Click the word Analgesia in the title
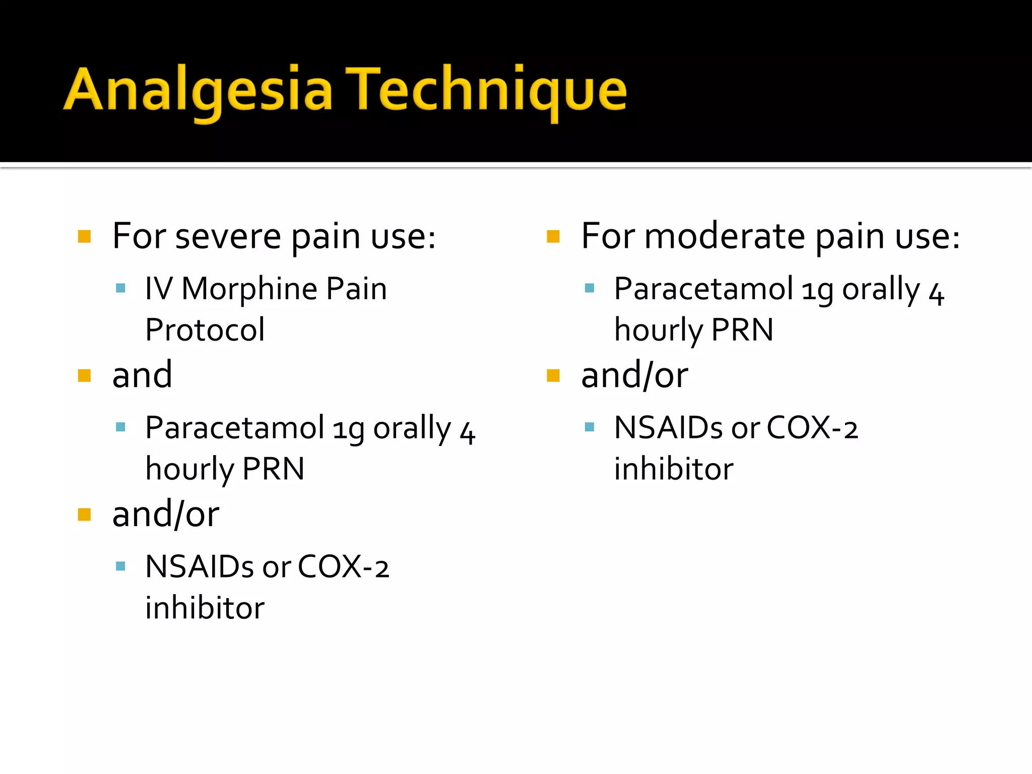(198, 90)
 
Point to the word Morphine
(249, 289)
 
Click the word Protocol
(205, 330)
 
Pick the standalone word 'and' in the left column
(142, 375)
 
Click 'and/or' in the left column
(166, 514)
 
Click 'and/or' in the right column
(634, 375)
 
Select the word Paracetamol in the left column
(234, 428)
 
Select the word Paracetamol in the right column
(703, 289)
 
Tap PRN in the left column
(273, 469)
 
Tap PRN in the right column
(742, 330)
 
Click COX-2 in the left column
(343, 567)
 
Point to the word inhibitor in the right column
(674, 469)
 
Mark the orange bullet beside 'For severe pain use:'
(84, 236)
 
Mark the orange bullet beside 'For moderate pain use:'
(553, 236)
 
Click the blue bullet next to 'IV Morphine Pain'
(120, 288)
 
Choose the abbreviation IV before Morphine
(159, 289)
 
